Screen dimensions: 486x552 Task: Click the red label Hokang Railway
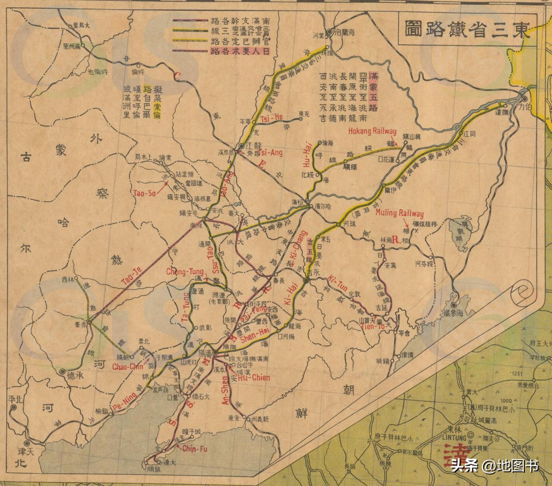click(372, 131)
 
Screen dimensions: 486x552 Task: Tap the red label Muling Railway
click(399, 213)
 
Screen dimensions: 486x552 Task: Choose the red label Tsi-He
click(271, 118)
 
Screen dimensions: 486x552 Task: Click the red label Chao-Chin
click(125, 367)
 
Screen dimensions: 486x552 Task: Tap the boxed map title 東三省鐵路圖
click(465, 29)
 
